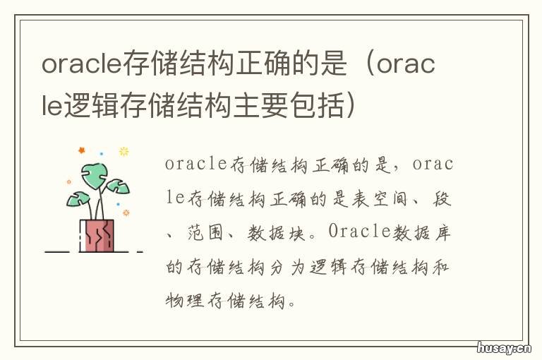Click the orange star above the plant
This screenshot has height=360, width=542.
tap(81, 150)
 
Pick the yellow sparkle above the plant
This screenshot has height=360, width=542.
tap(124, 151)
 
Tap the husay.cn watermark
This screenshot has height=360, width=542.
tap(502, 347)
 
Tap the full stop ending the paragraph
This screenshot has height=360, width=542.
tap(299, 304)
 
